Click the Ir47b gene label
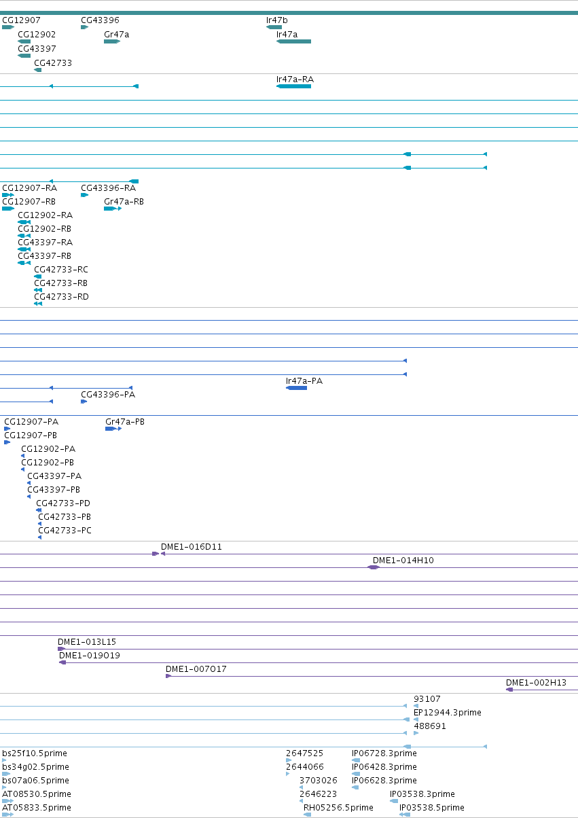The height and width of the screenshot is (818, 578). (276, 20)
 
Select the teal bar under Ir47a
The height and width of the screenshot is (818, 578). (293, 41)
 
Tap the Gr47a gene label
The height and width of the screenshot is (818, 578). (116, 35)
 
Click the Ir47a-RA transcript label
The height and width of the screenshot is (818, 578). (295, 79)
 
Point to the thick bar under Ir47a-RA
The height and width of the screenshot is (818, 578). (293, 86)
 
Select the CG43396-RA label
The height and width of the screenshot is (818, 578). (109, 188)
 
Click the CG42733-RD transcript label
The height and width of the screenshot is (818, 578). (61, 296)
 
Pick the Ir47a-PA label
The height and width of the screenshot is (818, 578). (304, 381)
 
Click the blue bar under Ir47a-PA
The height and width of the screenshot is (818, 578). (296, 388)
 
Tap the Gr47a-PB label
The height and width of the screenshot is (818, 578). (125, 422)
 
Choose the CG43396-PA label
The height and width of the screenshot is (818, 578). (108, 394)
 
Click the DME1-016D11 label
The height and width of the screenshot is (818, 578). (192, 547)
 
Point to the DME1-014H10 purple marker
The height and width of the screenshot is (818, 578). (374, 567)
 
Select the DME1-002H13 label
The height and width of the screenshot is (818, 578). (536, 683)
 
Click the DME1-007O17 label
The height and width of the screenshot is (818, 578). (196, 669)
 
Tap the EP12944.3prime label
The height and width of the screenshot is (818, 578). (448, 713)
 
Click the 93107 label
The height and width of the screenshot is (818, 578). (427, 699)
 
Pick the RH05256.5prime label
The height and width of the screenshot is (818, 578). (338, 807)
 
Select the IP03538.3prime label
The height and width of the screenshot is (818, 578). (422, 794)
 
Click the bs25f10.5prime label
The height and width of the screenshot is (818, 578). (35, 753)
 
